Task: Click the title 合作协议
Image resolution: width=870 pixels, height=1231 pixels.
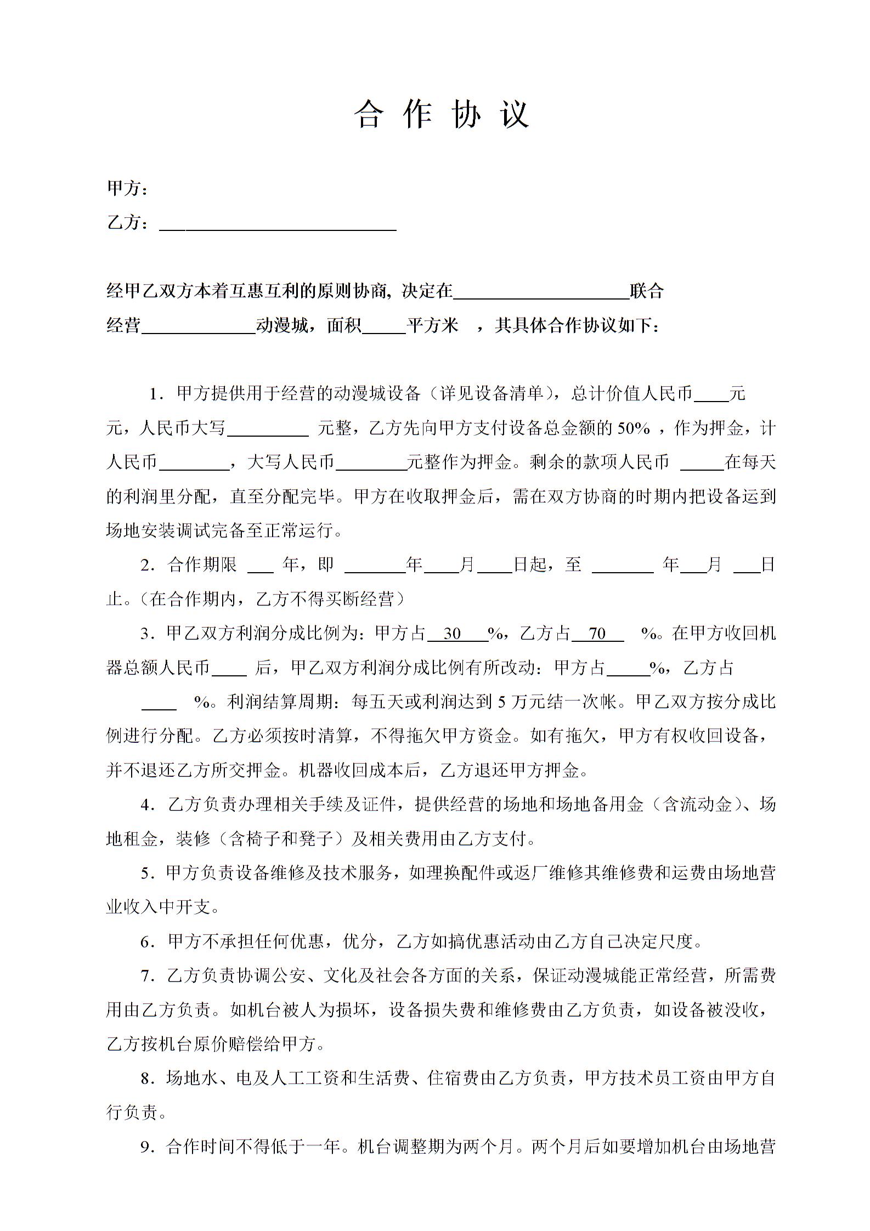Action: (x=442, y=115)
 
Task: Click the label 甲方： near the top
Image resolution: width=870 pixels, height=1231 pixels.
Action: (x=127, y=188)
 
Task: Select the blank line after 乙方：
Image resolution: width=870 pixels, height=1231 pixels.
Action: (x=278, y=225)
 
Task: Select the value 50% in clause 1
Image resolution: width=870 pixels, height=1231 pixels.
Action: (x=634, y=428)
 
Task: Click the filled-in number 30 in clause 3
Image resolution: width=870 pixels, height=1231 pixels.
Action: (x=452, y=634)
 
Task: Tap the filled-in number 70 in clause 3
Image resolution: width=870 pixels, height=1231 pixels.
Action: (x=596, y=634)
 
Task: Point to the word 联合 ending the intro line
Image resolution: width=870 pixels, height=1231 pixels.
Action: (x=647, y=291)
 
